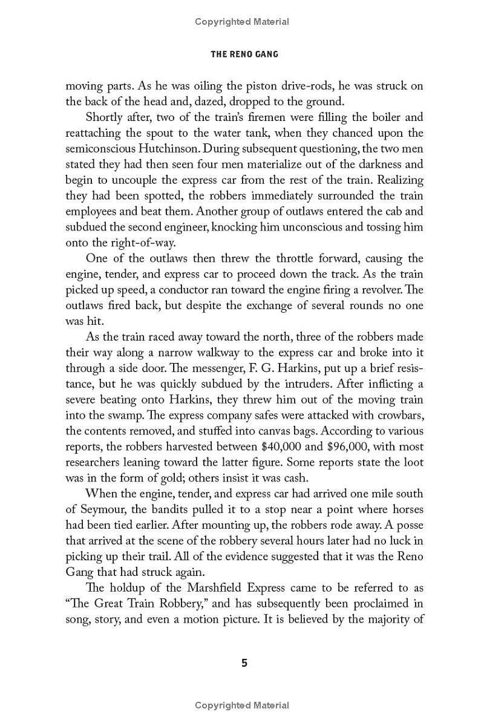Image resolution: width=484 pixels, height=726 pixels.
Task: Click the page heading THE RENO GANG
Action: [244, 54]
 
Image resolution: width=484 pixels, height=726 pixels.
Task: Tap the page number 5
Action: [244, 662]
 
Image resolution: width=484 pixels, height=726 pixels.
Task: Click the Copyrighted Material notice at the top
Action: [242, 22]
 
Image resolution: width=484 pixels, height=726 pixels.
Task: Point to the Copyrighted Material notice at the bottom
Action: [242, 705]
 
